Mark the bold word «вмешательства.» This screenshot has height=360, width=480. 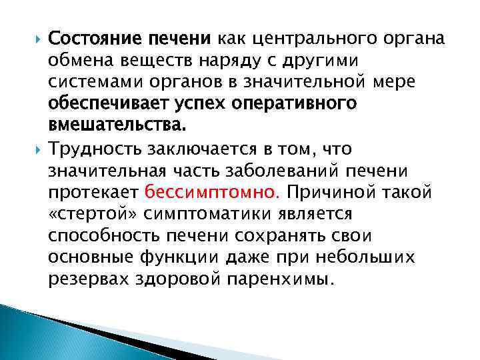[x=104, y=125]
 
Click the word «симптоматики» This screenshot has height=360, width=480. [x=221, y=214]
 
